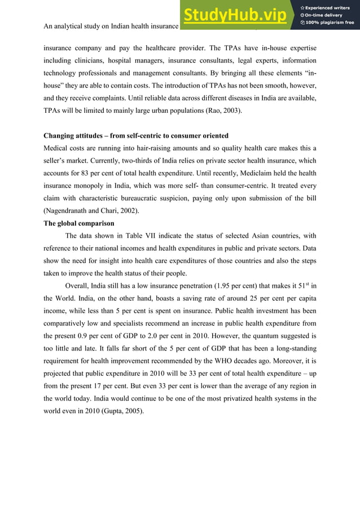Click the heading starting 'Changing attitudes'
136,135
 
